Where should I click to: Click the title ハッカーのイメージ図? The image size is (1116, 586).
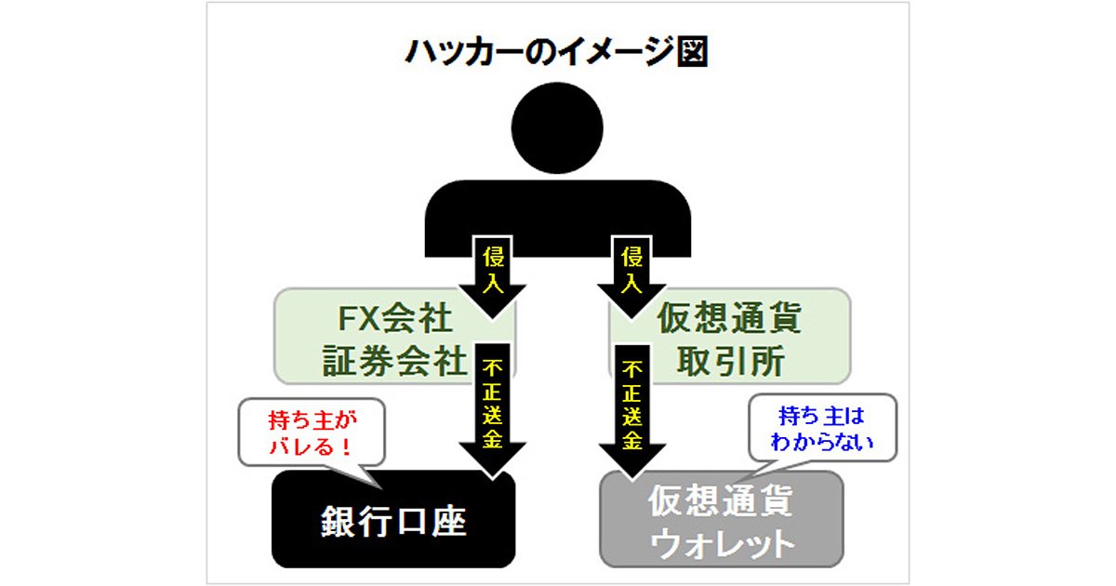coord(557,51)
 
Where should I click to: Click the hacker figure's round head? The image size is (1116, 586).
coord(557,128)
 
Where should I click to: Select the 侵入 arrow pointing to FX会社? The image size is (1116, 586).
coord(492,277)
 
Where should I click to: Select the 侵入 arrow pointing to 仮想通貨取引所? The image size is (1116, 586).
coord(631,277)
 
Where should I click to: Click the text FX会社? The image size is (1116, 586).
coord(395,318)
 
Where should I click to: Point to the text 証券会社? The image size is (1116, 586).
coord(395,361)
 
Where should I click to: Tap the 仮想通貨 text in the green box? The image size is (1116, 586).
coord(729,317)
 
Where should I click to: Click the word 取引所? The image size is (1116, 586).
coord(731,361)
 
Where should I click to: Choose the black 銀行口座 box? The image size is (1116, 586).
coord(393,519)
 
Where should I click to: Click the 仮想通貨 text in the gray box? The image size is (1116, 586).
coord(721,500)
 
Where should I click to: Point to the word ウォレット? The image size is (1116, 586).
coord(722,544)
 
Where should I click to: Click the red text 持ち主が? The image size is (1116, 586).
coord(312,420)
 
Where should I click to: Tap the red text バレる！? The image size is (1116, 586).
coord(311,446)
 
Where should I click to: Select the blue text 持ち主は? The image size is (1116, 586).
coord(821,416)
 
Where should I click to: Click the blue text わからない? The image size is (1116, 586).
coord(822,442)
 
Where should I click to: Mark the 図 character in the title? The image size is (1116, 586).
coord(693,51)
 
